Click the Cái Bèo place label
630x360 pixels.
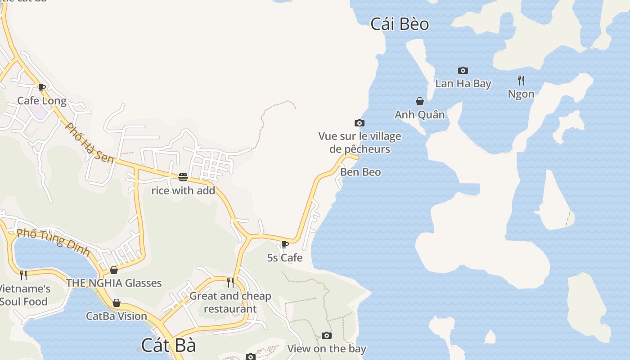400,24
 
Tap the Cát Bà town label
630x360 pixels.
169,345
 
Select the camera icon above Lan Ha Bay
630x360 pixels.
463,70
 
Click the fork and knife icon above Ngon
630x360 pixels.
521,81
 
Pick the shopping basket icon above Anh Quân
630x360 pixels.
420,101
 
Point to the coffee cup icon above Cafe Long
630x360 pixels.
42,87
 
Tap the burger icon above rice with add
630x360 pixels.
183,177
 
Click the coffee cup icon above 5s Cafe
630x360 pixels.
284,244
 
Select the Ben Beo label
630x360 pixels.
360,172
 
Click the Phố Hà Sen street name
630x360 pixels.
90,143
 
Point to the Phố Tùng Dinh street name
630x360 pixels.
53,242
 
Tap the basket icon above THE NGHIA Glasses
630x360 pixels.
114,270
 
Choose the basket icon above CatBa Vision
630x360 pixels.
117,303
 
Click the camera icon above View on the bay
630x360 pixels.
327,335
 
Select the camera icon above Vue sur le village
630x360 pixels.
359,123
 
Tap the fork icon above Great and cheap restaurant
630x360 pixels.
230,282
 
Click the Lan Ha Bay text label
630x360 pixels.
463,83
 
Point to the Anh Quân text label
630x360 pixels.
419,114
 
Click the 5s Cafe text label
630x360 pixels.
285,258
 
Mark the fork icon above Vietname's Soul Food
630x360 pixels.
23,274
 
